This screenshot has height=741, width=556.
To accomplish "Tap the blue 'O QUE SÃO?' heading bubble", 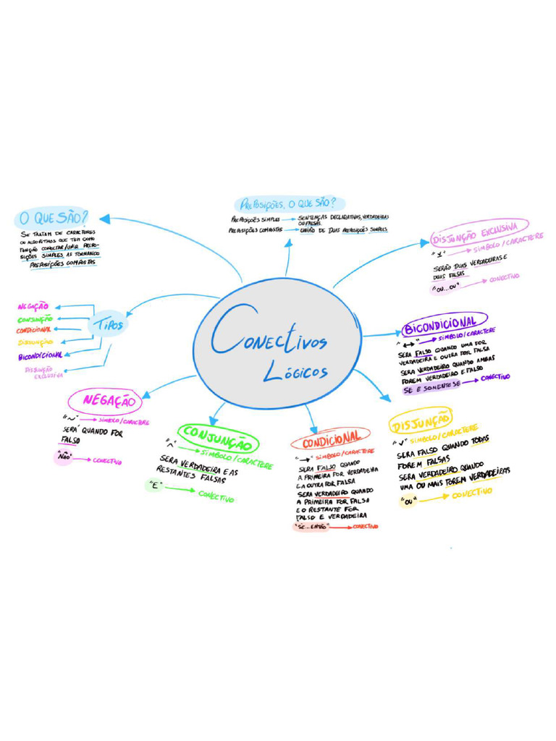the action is (54, 217).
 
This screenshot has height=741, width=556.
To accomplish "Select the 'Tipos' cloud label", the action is (108, 325).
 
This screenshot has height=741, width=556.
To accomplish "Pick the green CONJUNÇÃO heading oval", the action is (218, 436).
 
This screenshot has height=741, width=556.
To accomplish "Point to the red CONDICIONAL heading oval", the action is (331, 439).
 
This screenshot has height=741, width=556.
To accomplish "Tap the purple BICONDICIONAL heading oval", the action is (444, 323).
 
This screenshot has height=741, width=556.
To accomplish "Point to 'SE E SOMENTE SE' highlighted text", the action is (431, 387).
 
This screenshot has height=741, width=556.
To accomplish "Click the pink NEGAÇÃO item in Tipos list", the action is (33, 307).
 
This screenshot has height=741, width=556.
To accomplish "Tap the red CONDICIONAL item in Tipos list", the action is (33, 330).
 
